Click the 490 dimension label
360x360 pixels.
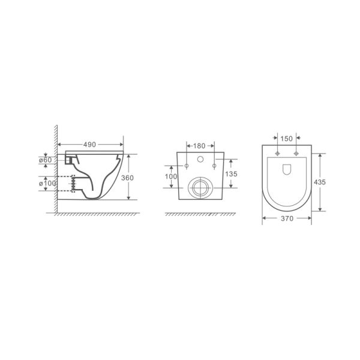[90, 145]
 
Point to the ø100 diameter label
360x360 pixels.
[46, 182]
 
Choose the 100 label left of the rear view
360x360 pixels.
[172, 176]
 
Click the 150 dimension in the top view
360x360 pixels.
[286, 139]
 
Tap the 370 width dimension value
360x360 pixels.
[286, 220]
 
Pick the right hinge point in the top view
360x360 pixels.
[296, 154]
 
